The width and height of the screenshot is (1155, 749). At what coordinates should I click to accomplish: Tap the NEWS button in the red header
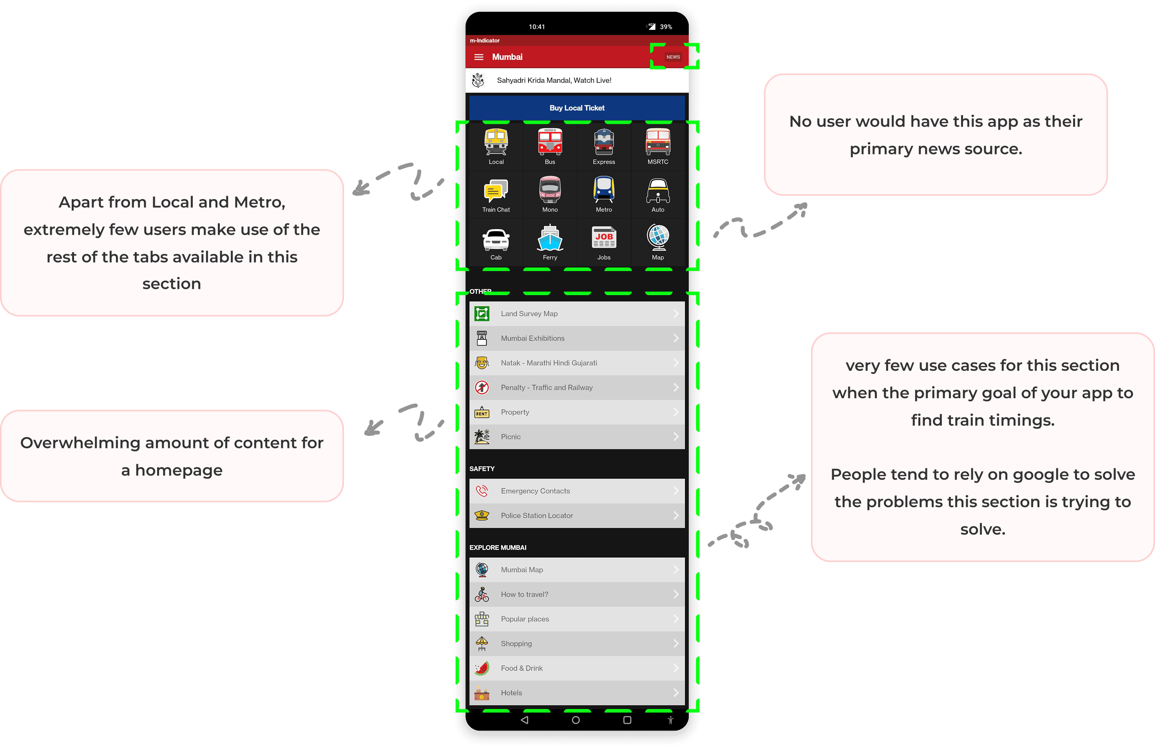click(x=673, y=57)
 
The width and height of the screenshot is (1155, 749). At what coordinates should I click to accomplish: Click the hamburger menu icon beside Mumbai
click(x=478, y=57)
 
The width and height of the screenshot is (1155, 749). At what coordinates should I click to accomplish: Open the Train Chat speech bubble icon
click(x=496, y=190)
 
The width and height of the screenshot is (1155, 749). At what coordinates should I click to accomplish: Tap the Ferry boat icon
click(x=550, y=238)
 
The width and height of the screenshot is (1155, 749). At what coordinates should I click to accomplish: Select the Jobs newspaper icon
click(x=604, y=238)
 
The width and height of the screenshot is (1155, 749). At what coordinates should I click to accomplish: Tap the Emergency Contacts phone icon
click(x=482, y=491)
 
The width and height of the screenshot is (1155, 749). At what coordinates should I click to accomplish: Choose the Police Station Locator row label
click(x=537, y=515)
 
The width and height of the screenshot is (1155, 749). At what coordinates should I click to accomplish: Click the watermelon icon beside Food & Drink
click(x=482, y=668)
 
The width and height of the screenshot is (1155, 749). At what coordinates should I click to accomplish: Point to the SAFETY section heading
click(x=482, y=468)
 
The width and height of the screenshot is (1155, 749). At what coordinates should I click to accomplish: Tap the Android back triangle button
click(x=525, y=720)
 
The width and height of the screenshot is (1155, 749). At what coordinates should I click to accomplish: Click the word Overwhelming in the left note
click(x=80, y=443)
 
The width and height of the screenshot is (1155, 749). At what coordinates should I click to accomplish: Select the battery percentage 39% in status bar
click(x=666, y=27)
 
